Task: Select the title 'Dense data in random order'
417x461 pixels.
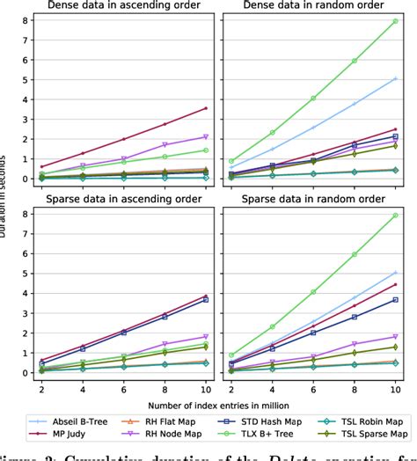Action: pos(312,8)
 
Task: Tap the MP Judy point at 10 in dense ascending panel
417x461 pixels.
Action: pos(206,108)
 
